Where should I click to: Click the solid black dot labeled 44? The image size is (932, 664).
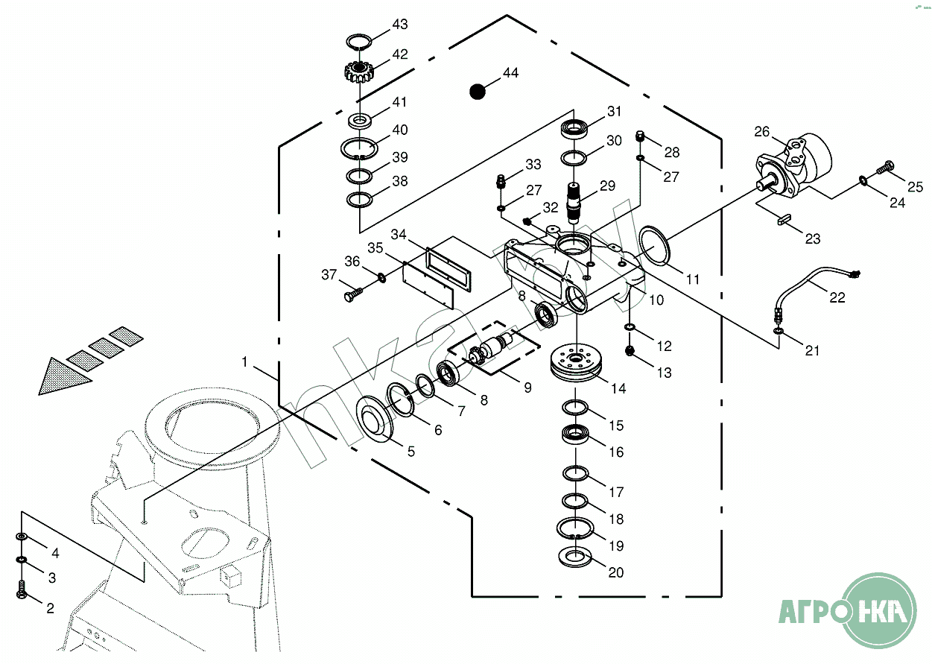(477, 92)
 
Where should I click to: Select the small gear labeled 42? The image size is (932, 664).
(360, 72)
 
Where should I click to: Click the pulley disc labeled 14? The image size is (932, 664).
(577, 366)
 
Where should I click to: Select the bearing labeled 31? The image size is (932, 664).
(574, 128)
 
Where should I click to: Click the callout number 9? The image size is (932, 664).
(527, 388)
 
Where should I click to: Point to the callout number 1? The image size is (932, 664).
(244, 361)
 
